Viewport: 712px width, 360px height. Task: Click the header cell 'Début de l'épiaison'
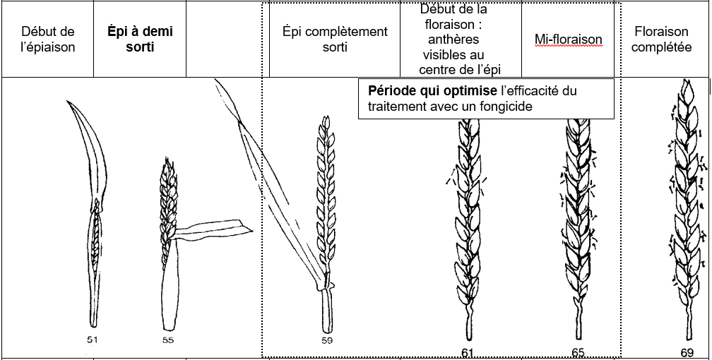pos(48,39)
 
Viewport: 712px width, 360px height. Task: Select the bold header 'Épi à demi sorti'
pos(140,39)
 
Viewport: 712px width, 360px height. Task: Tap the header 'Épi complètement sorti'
pos(335,39)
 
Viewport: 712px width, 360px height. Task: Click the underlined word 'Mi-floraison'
pos(568,40)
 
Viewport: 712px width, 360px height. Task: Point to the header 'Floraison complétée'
pos(662,39)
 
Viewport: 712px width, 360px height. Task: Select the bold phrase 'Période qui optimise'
pos(432,91)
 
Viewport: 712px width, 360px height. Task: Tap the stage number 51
pos(93,339)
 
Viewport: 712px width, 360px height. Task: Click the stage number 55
pos(168,340)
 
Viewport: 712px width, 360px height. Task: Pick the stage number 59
pos(327,340)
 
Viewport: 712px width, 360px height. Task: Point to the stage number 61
pos(468,353)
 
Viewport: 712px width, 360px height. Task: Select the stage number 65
pos(578,352)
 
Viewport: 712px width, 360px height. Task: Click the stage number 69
pos(687,353)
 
